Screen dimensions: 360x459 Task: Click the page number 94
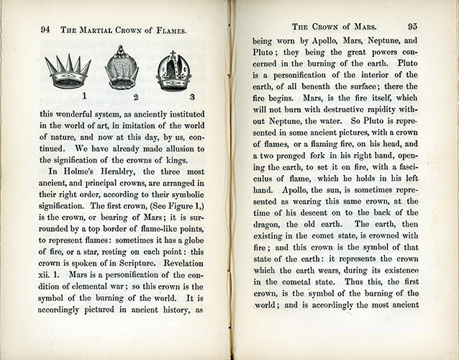45,30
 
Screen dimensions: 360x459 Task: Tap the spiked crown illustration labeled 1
67,71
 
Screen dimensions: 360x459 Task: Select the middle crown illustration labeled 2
120,69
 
